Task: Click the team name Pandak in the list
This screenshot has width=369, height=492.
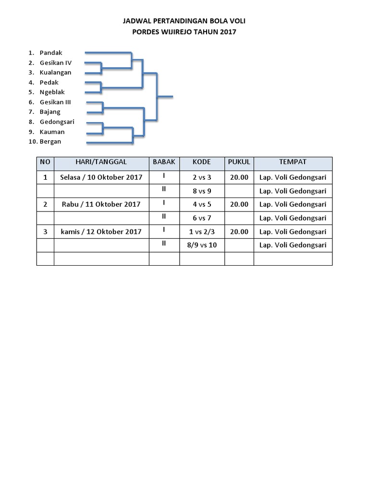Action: [51, 53]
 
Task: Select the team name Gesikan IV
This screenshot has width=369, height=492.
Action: [56, 63]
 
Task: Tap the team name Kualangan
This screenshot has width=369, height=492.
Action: [56, 73]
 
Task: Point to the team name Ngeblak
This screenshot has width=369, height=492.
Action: [52, 92]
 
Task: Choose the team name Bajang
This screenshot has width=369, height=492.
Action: [50, 112]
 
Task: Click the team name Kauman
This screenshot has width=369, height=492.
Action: [52, 132]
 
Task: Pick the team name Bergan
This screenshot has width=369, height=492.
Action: [50, 142]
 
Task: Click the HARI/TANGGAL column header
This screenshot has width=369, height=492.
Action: [101, 162]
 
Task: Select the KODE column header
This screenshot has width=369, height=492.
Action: [202, 162]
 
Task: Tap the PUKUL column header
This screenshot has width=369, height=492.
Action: [239, 162]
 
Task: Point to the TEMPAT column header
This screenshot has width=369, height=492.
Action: [293, 162]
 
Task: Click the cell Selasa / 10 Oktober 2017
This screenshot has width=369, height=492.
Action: [101, 177]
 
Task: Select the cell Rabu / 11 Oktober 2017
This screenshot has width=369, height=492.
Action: [101, 204]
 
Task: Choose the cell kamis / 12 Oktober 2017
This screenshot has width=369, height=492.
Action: [101, 232]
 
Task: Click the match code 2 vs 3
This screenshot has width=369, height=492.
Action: [202, 177]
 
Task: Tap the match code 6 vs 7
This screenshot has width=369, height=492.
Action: [202, 218]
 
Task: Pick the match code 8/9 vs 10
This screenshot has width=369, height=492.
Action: [202, 245]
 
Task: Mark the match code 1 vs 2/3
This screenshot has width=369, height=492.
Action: [202, 232]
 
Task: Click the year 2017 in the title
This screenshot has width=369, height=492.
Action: [228, 32]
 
